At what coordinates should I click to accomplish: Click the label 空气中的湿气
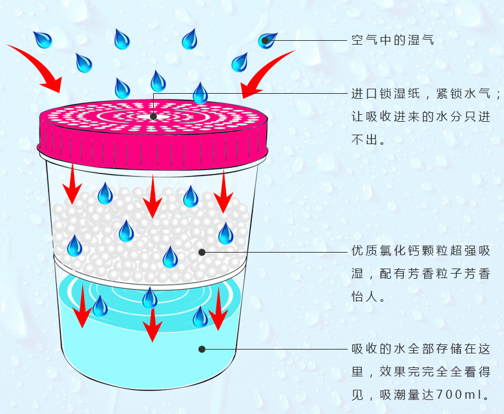pyautogui.click(x=393, y=40)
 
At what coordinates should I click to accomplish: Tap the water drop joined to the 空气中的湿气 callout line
pyautogui.click(x=267, y=41)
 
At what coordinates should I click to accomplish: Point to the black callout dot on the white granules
pyautogui.click(x=202, y=252)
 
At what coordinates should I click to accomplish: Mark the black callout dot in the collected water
pyautogui.click(x=202, y=349)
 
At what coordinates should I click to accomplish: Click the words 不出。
pyautogui.click(x=369, y=140)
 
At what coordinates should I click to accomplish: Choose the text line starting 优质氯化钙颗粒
pyautogui.click(x=421, y=251)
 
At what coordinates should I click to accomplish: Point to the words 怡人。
pyautogui.click(x=369, y=297)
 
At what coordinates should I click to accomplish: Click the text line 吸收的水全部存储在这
pyautogui.click(x=421, y=349)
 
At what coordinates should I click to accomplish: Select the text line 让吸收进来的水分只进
pyautogui.click(x=421, y=117)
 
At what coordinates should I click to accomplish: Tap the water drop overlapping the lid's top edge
pyautogui.click(x=200, y=93)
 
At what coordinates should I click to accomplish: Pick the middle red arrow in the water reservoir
pyautogui.click(x=151, y=323)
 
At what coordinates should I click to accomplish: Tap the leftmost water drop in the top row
pyautogui.click(x=43, y=40)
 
